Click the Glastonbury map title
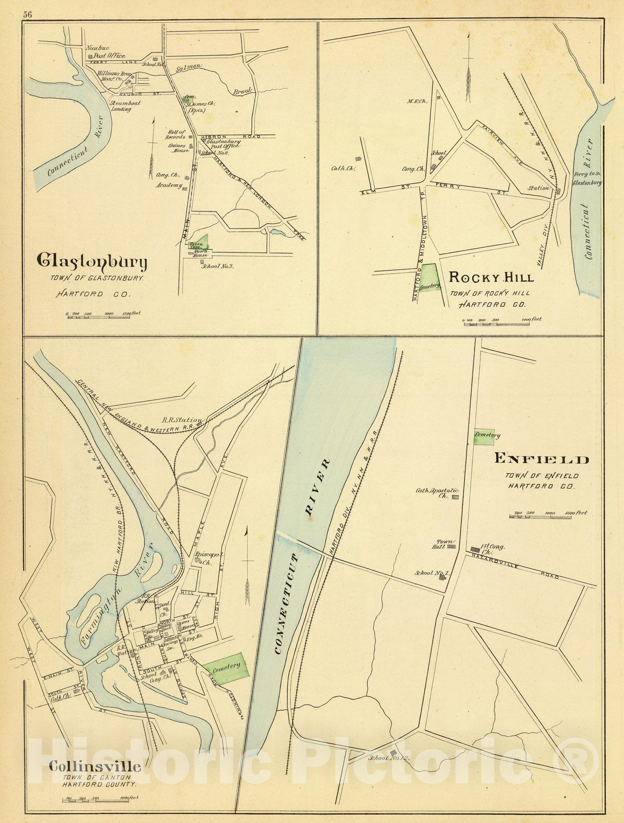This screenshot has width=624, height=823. tap(92, 262)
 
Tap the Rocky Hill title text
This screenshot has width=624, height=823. tap(491, 278)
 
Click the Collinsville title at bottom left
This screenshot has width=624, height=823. tap(94, 766)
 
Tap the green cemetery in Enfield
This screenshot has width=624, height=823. tap(484, 436)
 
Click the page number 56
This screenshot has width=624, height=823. tap(27, 14)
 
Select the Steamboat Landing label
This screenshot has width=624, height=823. tap(120, 106)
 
